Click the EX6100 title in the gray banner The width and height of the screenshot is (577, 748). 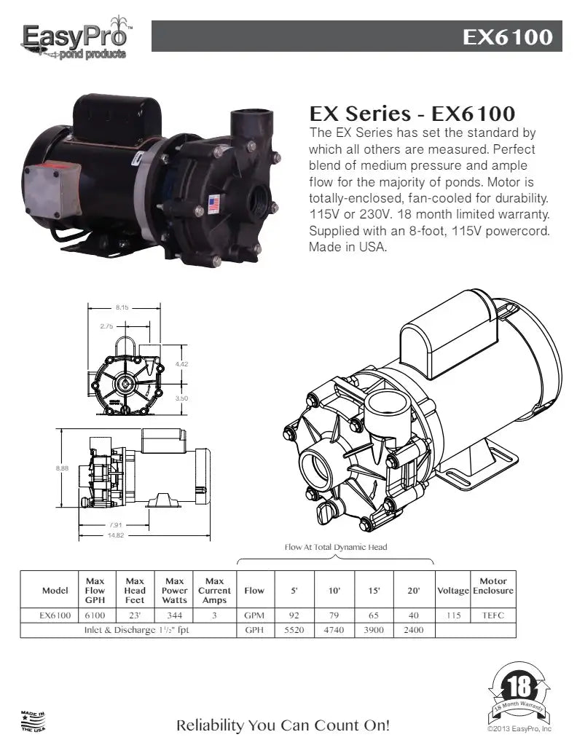(507, 36)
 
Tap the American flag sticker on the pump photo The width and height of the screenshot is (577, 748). (214, 204)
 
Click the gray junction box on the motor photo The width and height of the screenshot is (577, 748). (52, 192)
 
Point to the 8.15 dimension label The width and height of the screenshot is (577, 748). (122, 307)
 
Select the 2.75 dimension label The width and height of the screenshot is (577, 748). (107, 326)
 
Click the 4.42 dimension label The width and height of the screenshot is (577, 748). (182, 364)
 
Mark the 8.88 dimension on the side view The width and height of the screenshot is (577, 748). (62, 468)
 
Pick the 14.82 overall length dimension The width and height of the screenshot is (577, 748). (116, 535)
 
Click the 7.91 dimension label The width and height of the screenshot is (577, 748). (116, 525)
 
